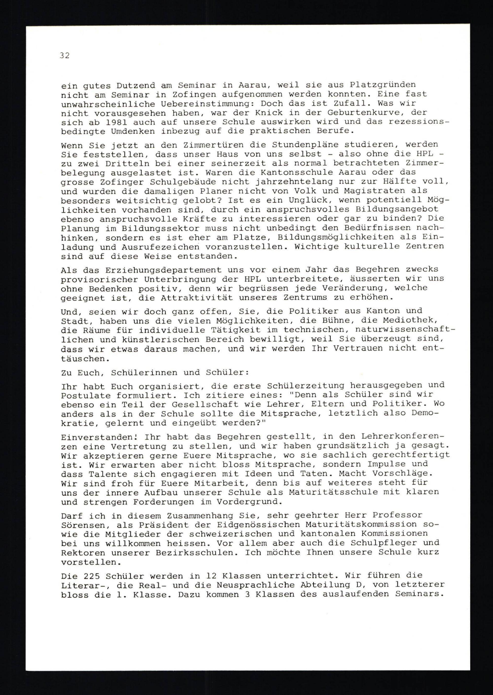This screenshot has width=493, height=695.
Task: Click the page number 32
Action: point(65,55)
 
